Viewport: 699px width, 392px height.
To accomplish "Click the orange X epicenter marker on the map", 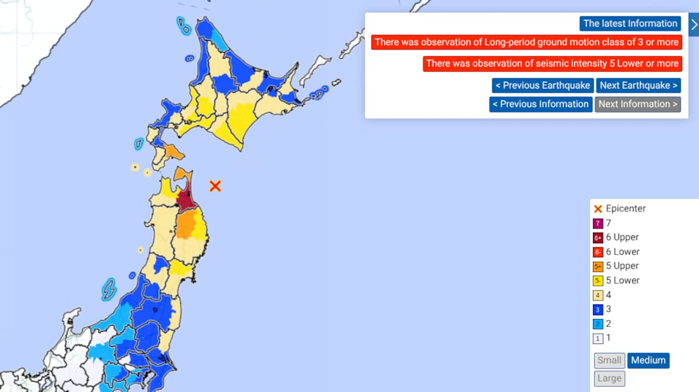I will click(x=216, y=186).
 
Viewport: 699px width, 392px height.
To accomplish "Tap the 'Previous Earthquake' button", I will click(x=542, y=85).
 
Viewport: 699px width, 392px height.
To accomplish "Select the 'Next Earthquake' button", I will click(x=638, y=85).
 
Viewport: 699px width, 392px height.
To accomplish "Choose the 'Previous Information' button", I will click(x=541, y=104).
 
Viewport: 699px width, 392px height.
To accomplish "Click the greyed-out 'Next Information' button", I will click(x=638, y=104).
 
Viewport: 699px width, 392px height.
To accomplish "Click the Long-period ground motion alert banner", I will click(x=526, y=42).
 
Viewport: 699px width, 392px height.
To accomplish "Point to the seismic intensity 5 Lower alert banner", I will click(x=552, y=63).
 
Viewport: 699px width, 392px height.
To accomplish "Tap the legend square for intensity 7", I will click(x=598, y=223).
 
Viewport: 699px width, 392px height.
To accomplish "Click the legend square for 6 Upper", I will click(x=598, y=237).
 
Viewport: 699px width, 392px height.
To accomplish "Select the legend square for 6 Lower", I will click(x=598, y=252).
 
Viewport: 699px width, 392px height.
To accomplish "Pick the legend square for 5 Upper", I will click(x=598, y=266).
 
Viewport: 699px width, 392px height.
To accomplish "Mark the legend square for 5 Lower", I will click(x=598, y=281).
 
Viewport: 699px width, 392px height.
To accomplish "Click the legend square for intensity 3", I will click(x=598, y=309).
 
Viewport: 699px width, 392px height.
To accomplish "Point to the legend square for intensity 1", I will click(x=598, y=338).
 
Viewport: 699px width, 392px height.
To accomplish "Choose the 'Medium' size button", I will click(x=648, y=360).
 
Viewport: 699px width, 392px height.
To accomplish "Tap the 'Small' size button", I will click(x=609, y=360).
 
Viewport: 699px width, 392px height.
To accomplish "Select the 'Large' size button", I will click(x=609, y=378).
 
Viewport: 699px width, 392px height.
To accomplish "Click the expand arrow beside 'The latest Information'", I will click(x=693, y=24).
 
